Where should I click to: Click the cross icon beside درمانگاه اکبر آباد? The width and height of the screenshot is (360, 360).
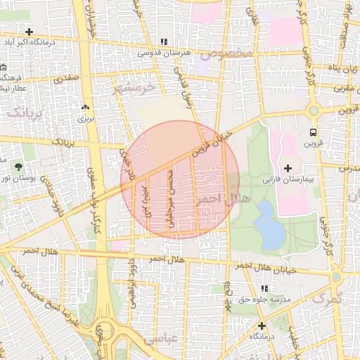29,32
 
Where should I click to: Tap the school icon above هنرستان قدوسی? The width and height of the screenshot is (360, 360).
165,42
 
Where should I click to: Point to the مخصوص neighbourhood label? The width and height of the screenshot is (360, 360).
224,53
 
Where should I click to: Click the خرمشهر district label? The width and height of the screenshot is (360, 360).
132,88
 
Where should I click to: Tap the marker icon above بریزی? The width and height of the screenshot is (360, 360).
86,108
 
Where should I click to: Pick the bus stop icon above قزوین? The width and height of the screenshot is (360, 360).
312,131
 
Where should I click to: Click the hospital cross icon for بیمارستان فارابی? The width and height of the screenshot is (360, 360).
287,168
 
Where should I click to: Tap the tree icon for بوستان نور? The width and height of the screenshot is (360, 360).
19,167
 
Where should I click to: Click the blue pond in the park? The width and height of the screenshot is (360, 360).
267,224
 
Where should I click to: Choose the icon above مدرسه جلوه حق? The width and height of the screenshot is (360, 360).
264,288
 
